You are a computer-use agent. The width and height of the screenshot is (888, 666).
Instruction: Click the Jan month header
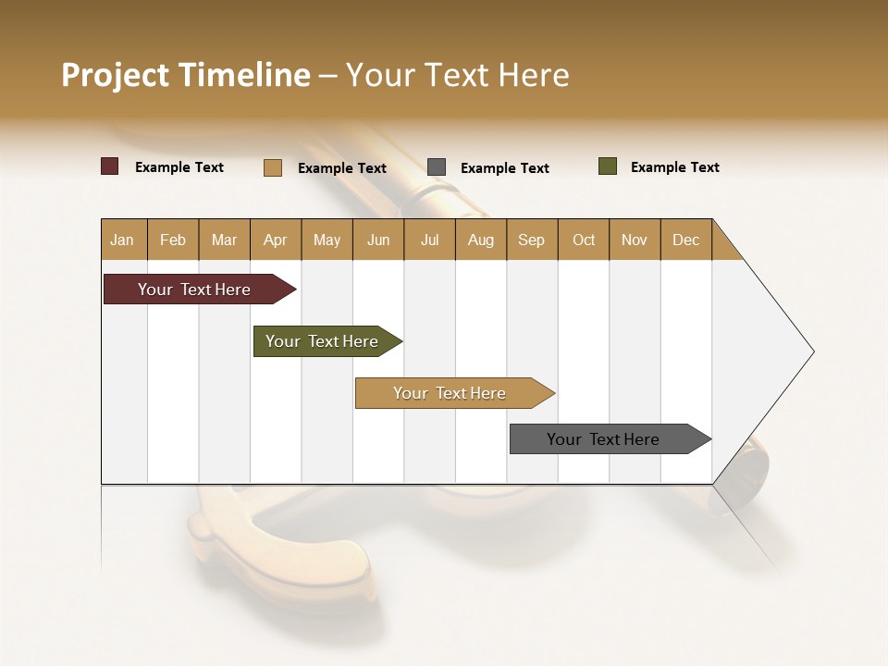point(123,240)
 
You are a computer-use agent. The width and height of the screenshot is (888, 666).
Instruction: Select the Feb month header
point(173,240)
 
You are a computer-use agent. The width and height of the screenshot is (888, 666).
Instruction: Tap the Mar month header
point(224,240)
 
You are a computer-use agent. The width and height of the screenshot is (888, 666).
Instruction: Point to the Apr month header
point(276,240)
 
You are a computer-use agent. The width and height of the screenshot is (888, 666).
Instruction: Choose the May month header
point(327,240)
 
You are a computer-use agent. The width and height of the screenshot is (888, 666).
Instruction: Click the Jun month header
point(378,240)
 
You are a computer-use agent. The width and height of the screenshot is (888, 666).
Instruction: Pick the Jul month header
point(429,240)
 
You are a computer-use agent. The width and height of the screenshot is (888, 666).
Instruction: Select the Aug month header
point(481,240)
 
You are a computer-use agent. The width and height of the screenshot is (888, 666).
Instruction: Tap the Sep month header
point(532,240)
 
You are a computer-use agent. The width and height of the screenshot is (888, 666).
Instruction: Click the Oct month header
point(584,240)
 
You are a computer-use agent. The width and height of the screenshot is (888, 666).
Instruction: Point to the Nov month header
point(635,240)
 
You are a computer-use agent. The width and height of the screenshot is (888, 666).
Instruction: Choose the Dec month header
point(686,240)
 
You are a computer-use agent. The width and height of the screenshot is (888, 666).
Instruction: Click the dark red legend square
point(110,166)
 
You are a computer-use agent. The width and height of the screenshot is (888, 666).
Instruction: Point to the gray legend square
point(437,167)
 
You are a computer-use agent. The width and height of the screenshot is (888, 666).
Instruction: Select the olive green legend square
point(608,166)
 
